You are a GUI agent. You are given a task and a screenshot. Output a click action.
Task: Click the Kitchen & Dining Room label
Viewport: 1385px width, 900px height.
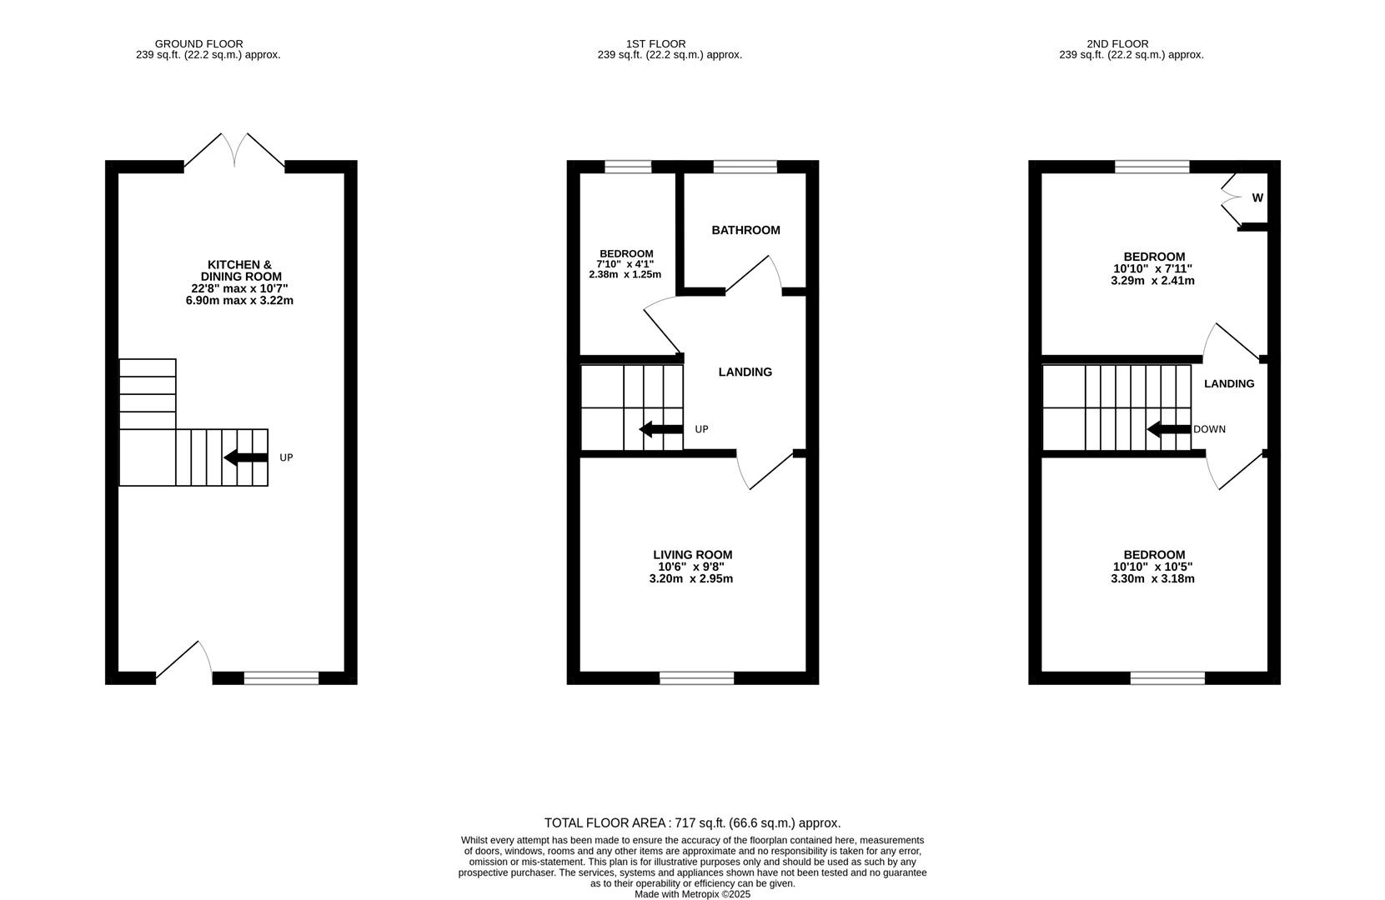tap(239, 271)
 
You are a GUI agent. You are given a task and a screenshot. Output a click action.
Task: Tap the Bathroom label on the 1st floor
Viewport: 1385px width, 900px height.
tap(745, 230)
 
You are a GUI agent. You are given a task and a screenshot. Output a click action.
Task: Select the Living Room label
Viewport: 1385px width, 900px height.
tap(692, 555)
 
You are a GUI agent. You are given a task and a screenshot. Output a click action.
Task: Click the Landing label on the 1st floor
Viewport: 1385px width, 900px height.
tap(745, 372)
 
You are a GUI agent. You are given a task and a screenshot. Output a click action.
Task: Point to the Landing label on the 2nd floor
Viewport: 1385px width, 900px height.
tap(1228, 384)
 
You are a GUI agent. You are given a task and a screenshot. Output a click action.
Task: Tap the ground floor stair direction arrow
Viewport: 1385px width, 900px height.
tap(245, 457)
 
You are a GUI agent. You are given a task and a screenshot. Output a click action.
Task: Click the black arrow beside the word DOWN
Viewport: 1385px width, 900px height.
tap(1168, 430)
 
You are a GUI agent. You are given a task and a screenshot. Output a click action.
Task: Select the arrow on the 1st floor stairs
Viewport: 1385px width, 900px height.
tap(660, 429)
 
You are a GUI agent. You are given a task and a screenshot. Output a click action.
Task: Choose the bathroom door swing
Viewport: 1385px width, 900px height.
tap(754, 275)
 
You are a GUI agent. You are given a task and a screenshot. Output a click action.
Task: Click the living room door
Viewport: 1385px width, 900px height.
tap(766, 471)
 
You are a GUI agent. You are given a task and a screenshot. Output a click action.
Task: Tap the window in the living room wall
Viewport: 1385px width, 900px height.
tap(696, 678)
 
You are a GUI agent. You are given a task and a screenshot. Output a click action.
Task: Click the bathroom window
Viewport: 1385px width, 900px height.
tap(745, 167)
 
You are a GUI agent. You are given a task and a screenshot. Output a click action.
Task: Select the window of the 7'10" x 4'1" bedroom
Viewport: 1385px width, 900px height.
tap(627, 167)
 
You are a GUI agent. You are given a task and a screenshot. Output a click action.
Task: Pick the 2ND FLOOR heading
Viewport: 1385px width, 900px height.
tap(1117, 44)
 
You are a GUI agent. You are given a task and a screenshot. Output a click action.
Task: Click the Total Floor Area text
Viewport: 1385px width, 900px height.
tap(692, 823)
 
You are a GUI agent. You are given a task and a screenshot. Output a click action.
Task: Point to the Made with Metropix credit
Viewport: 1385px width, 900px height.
tap(692, 894)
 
